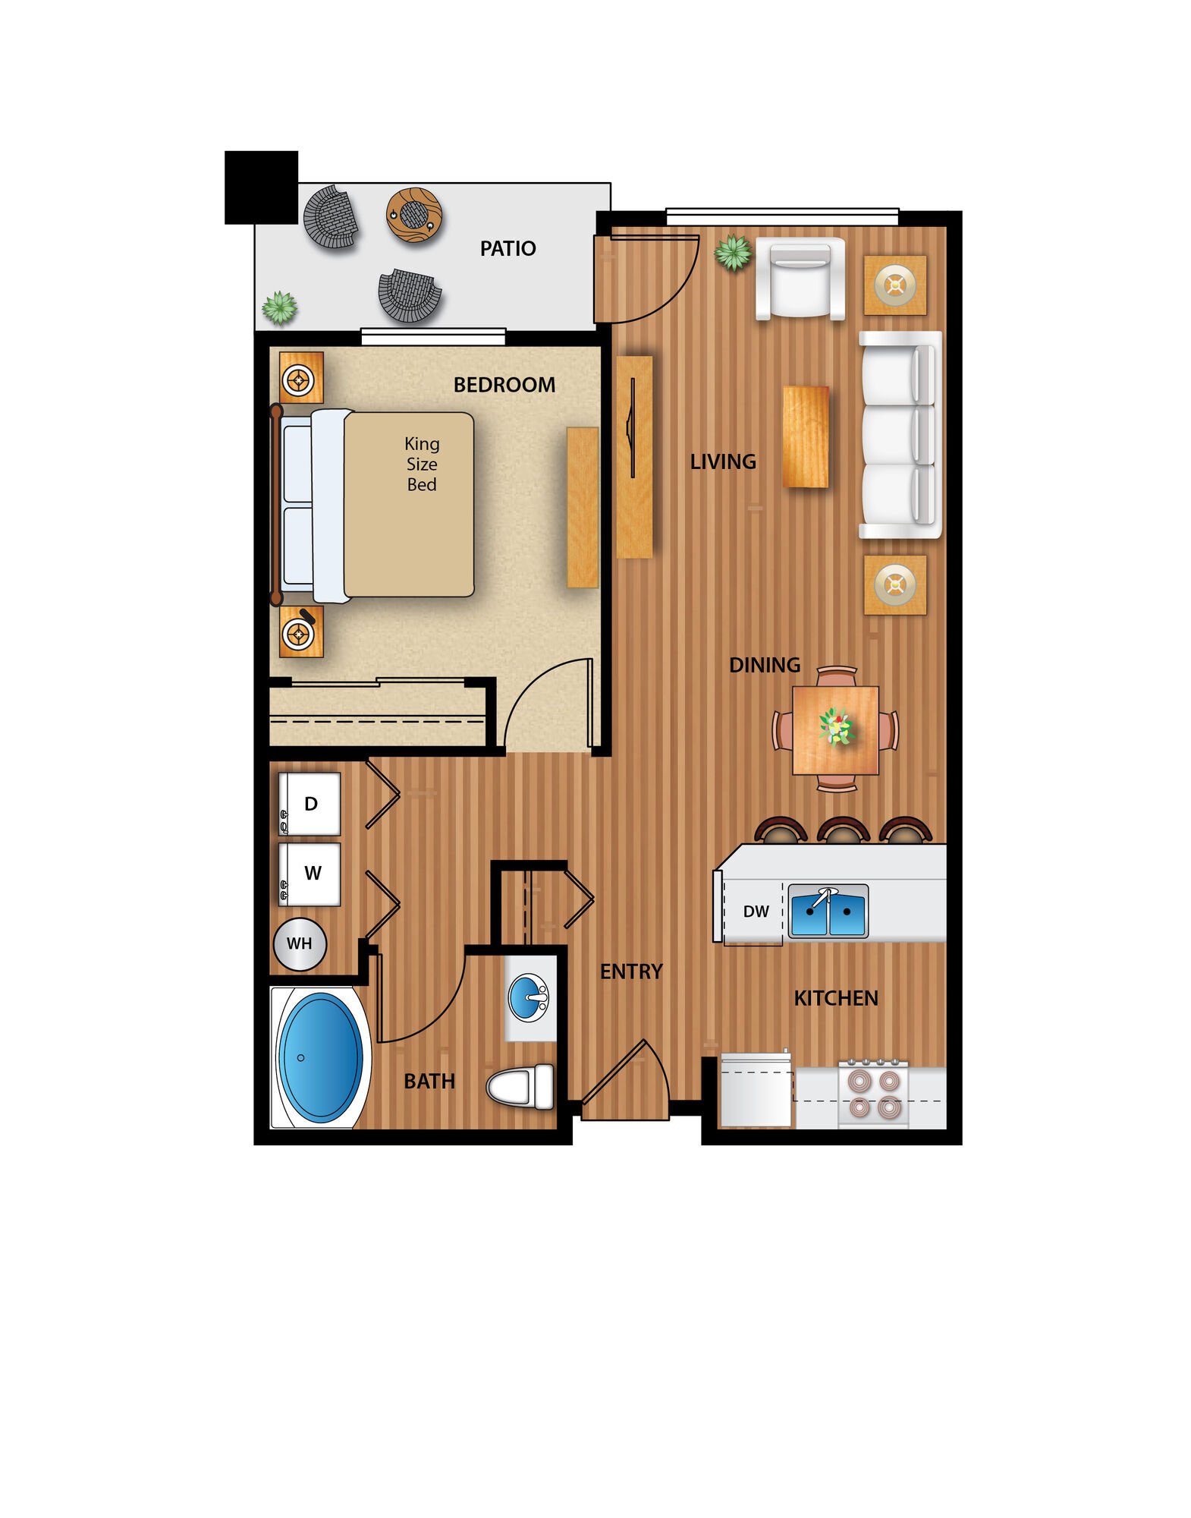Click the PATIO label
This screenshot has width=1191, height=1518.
(508, 248)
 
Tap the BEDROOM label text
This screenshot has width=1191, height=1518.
(504, 385)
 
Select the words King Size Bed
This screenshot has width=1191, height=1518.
(422, 464)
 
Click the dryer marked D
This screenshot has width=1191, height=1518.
(310, 804)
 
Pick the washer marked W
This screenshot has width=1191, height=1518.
(310, 874)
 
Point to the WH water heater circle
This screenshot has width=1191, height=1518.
(300, 943)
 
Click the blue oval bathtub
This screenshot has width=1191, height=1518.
(320, 1057)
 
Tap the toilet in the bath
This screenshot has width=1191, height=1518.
(520, 1086)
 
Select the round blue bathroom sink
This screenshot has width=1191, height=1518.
(528, 997)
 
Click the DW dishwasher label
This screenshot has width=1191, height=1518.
(756, 912)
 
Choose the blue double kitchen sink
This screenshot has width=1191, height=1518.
(828, 911)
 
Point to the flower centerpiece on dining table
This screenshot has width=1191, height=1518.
(836, 727)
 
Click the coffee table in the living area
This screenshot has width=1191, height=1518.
(806, 436)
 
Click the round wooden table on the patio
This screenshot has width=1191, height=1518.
(413, 216)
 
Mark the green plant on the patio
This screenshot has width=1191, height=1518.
(280, 308)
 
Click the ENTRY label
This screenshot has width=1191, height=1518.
(631, 972)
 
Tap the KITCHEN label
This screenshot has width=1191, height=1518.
(836, 998)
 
